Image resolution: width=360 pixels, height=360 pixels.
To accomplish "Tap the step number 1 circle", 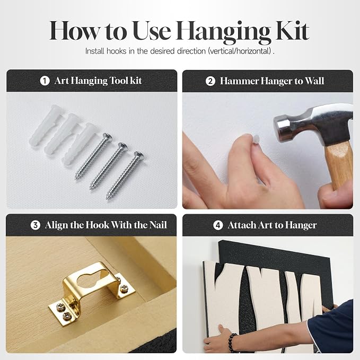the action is point(45,81).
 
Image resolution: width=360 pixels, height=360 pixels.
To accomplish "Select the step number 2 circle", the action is point(210,81).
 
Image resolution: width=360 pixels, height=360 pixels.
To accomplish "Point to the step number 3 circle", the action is point(36,225).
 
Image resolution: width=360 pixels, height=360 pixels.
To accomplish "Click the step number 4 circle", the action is point(218,225).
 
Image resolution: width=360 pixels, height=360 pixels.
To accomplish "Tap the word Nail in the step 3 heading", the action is point(158,225).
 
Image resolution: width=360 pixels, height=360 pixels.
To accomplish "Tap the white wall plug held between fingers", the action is point(256,139).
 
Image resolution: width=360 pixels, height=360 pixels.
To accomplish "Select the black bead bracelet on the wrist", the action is point(232,342).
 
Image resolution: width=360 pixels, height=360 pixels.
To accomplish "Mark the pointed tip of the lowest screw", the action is point(107,198).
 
